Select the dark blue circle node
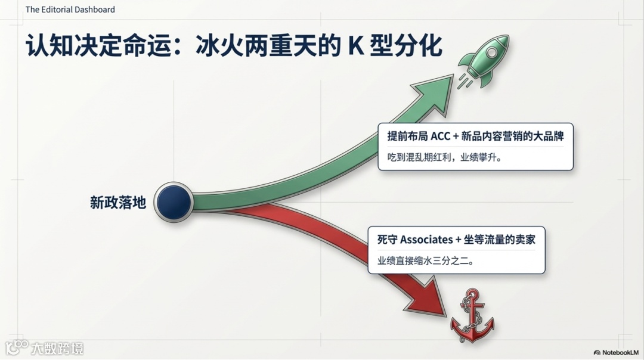click(174, 201)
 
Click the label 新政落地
click(118, 203)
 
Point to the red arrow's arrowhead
click(431, 300)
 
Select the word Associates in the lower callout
click(426, 240)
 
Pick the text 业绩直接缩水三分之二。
click(425, 260)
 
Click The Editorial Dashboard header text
click(70, 10)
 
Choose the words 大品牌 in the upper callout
click(549, 136)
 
